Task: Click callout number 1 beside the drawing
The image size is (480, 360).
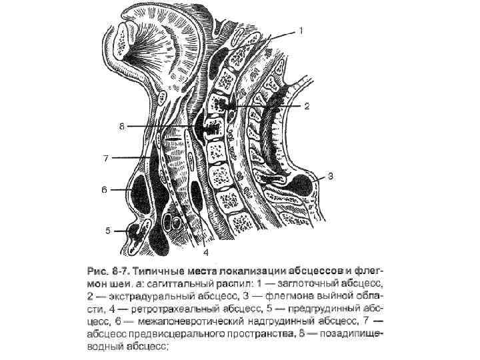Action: tap(301, 31)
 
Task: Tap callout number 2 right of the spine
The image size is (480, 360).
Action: tap(307, 106)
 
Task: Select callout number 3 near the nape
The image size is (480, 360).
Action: tap(331, 177)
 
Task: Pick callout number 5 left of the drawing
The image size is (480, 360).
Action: tap(108, 231)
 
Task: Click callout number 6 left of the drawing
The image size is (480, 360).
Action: tap(104, 190)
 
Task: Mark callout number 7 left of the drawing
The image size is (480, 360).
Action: tap(105, 158)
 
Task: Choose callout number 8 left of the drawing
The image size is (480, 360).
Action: tap(121, 126)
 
